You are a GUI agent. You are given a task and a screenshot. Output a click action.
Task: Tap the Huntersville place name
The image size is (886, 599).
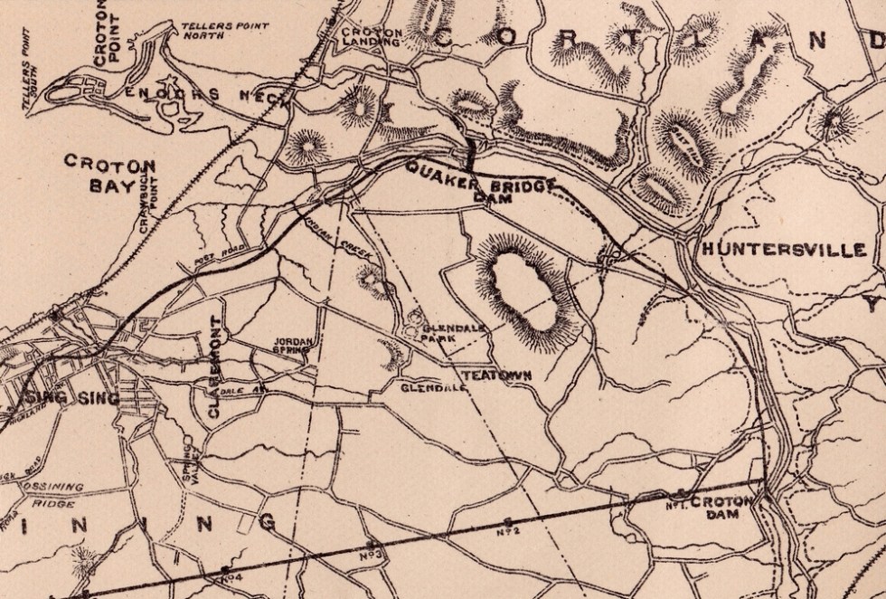[782, 250]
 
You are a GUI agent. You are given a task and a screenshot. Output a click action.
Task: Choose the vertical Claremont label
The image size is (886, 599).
[215, 367]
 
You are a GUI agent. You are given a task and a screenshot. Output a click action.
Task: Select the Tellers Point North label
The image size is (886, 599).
[211, 32]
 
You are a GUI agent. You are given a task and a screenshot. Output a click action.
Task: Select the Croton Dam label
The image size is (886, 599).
[714, 507]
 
